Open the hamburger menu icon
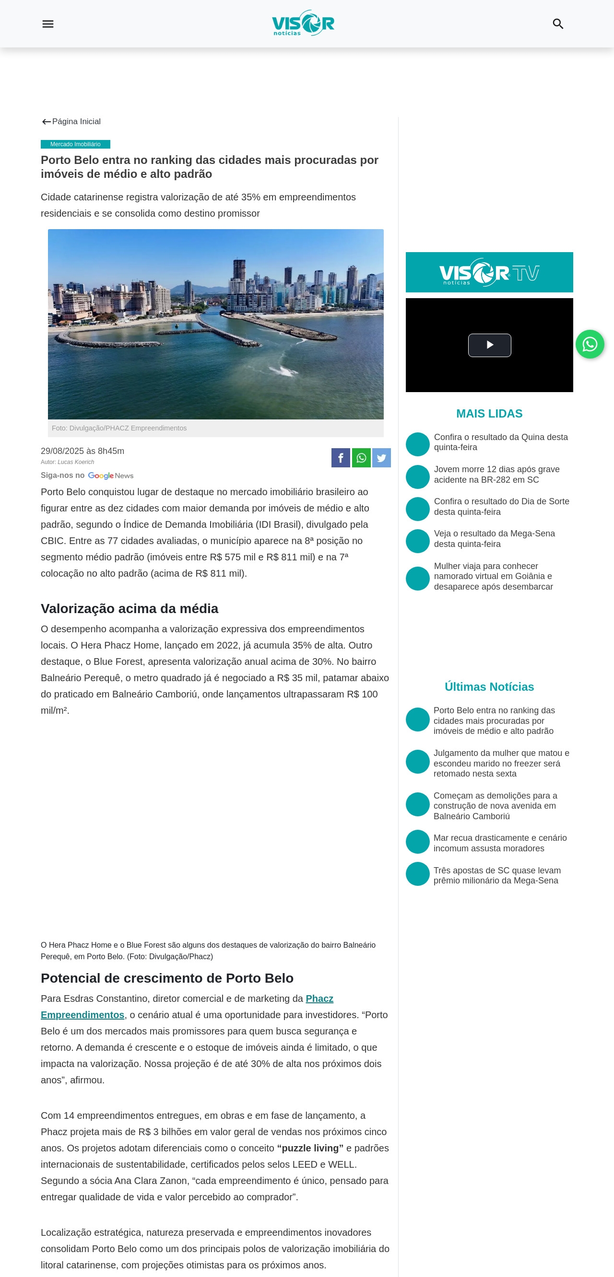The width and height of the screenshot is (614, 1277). pyautogui.click(x=47, y=24)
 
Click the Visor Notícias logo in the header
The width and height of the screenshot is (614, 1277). pyautogui.click(x=303, y=23)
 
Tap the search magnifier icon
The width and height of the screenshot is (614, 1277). pyautogui.click(x=557, y=24)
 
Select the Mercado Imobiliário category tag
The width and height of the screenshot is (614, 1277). pyautogui.click(x=75, y=144)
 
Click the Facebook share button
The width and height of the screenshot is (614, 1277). pyautogui.click(x=341, y=458)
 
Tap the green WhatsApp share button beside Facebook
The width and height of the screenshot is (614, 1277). pyautogui.click(x=361, y=458)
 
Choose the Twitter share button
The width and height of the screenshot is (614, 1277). pyautogui.click(x=381, y=458)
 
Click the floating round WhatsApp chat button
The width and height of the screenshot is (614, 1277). pyautogui.click(x=589, y=344)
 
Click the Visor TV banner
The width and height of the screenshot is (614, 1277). pyautogui.click(x=489, y=272)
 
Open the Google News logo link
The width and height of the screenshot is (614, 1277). pyautogui.click(x=111, y=476)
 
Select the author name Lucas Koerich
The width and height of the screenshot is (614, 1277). pyautogui.click(x=76, y=462)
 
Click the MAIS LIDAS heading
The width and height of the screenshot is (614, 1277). pyautogui.click(x=489, y=413)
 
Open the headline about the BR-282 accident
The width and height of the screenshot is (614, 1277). pyautogui.click(x=496, y=475)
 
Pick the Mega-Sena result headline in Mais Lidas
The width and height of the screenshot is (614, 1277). pyautogui.click(x=494, y=539)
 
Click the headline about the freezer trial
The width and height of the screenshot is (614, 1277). pyautogui.click(x=501, y=763)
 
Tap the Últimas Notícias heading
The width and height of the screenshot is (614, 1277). pyautogui.click(x=489, y=686)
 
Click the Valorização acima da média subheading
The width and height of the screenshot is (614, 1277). pyautogui.click(x=130, y=608)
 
